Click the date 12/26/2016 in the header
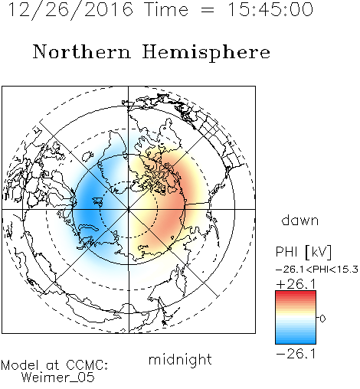(70, 10)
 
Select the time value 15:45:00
(270, 9)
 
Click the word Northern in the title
(81, 51)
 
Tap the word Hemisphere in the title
(206, 53)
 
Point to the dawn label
(299, 220)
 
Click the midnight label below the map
(180, 359)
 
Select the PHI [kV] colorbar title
(303, 252)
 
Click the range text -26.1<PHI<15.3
(317, 270)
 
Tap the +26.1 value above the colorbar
(296, 284)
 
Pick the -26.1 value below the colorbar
(296, 354)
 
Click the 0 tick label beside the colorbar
(322, 319)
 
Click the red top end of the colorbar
(296, 293)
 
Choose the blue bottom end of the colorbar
(296, 342)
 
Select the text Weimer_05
(57, 378)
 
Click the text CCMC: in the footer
(87, 365)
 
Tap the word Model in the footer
(20, 365)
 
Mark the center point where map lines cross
(128, 209)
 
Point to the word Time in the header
(166, 9)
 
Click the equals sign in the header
(208, 10)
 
